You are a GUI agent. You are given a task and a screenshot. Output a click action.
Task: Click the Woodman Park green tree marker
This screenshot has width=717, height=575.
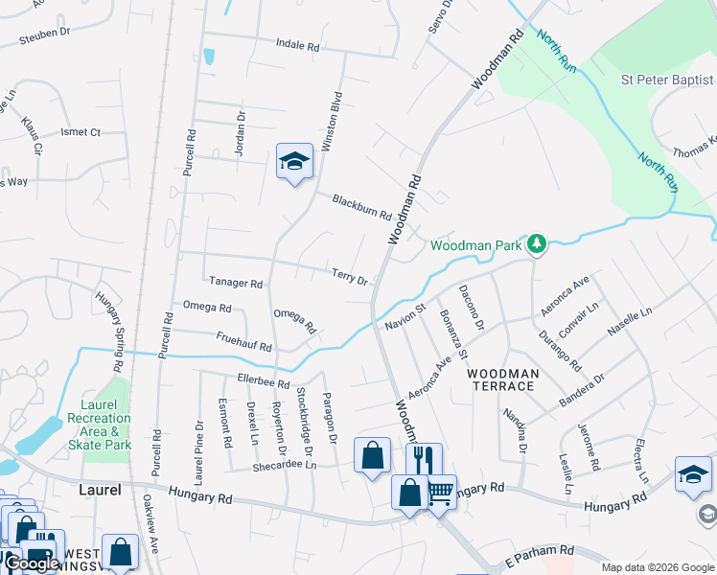538,245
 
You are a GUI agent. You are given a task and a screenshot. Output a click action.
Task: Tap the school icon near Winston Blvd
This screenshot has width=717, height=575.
294,161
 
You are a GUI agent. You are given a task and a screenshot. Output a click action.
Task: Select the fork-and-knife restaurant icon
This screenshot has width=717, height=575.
424,459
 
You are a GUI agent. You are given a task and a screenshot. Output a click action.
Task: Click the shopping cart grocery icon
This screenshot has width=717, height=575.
440,493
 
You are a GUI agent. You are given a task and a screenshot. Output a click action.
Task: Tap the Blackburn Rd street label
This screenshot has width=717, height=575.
361,207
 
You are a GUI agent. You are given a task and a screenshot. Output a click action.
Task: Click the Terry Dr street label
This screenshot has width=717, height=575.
350,276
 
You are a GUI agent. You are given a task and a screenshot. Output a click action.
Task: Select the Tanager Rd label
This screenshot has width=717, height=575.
236,283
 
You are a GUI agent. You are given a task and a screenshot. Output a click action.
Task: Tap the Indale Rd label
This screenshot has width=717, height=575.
296,44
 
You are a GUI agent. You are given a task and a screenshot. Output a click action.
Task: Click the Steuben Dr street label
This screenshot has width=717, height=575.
46,33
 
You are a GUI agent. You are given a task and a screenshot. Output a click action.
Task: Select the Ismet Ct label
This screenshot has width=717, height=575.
81,132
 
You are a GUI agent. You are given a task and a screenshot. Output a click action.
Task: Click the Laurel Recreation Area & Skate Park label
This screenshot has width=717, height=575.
100,431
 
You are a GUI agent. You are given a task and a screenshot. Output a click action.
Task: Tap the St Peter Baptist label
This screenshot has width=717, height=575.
668,80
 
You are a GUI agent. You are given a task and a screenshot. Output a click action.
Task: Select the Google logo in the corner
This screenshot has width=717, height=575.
33,563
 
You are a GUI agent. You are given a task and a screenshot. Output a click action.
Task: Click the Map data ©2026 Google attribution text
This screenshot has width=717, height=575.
657,567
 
